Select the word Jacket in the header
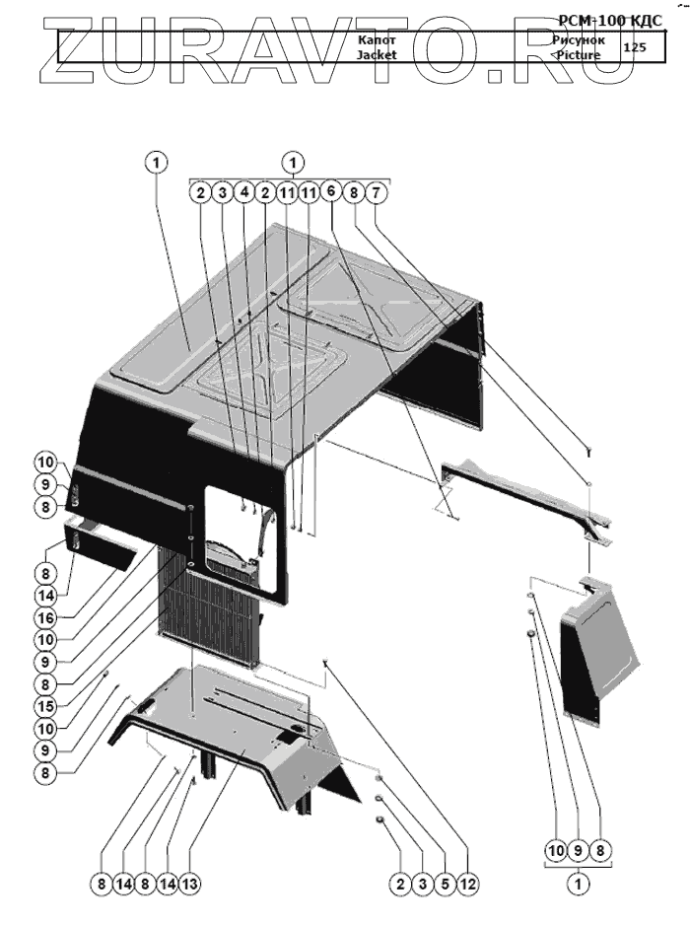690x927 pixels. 377,55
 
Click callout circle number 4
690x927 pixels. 243,193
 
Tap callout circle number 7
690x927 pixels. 376,193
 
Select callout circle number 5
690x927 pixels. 445,885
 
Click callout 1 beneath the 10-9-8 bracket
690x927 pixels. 580,885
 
